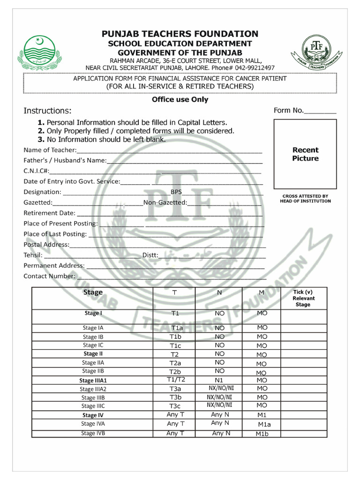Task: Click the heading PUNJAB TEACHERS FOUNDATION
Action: pyautogui.click(x=180, y=34)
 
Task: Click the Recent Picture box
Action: pyautogui.click(x=305, y=154)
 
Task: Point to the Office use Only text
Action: pyautogui.click(x=180, y=99)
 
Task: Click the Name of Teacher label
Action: pyautogui.click(x=50, y=150)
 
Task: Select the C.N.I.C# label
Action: pyautogui.click(x=36, y=171)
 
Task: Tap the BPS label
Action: pyautogui.click(x=176, y=192)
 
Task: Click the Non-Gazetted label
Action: pyautogui.click(x=165, y=202)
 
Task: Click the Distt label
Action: pyautogui.click(x=150, y=255)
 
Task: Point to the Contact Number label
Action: pyautogui.click(x=49, y=276)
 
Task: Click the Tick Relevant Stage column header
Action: pyautogui.click(x=303, y=298)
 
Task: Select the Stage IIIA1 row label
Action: pyautogui.click(x=93, y=381)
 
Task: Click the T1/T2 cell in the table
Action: pyautogui.click(x=176, y=380)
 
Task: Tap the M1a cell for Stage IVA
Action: pyautogui.click(x=265, y=425)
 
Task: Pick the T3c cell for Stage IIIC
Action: pyautogui.click(x=175, y=406)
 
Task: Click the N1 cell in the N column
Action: pyautogui.click(x=219, y=380)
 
